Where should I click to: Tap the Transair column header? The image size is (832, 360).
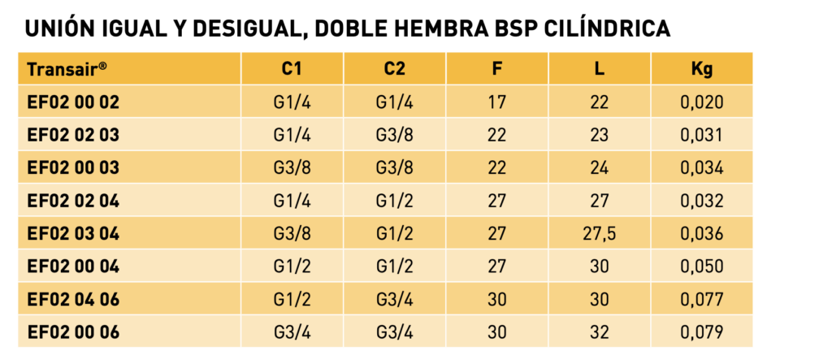67,69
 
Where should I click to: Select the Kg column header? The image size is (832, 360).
702,70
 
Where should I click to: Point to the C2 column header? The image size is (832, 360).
394,69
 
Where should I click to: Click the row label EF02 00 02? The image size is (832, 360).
73,102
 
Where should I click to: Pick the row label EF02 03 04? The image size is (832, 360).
73,233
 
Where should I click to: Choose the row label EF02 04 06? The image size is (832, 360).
73,300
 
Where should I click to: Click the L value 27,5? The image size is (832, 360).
599,233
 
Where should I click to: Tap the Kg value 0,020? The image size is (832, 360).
701,102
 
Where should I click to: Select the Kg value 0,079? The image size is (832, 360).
701,332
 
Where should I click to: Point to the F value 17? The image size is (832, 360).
496,102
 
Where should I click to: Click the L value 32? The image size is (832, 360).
599,332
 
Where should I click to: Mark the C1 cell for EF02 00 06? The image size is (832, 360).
292,332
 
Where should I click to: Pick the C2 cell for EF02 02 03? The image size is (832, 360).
394,135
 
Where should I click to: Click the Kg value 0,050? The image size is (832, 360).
701,267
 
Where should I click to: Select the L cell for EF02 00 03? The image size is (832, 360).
599,167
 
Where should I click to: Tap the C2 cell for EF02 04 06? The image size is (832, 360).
394,300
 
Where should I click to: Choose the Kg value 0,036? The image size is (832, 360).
701,233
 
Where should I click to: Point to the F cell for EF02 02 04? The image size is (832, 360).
496,201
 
